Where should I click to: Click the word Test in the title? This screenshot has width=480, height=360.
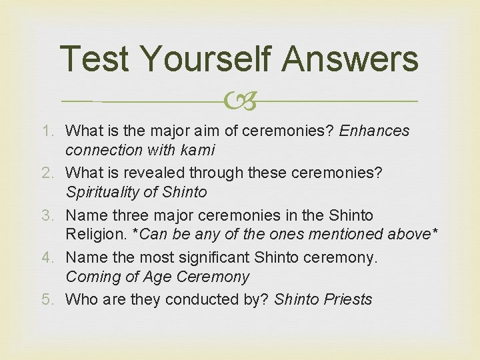(93, 59)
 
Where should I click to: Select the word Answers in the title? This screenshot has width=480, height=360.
(350, 59)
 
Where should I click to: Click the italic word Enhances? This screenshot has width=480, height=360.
(375, 131)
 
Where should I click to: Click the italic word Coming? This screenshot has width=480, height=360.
(92, 277)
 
